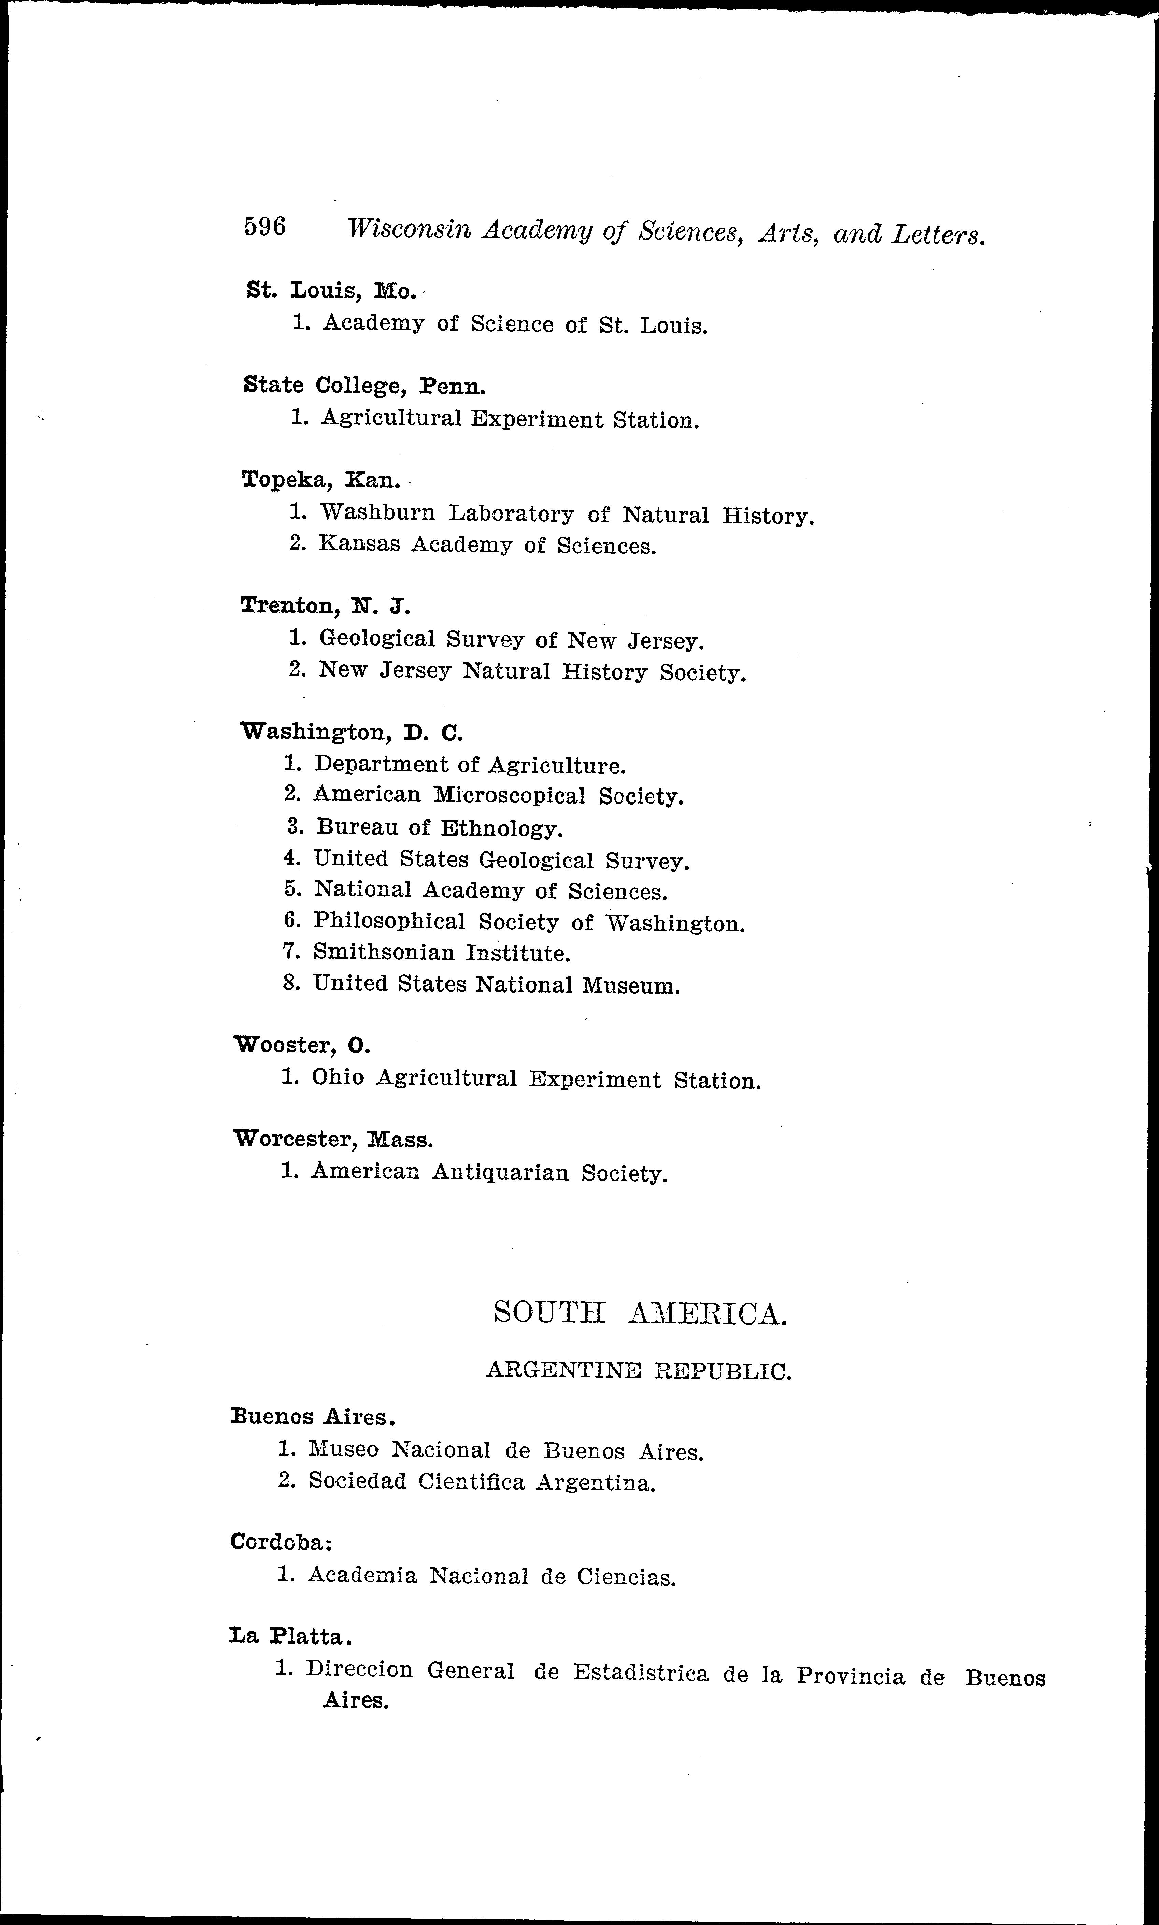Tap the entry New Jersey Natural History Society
click(x=532, y=671)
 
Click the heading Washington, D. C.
click(x=352, y=732)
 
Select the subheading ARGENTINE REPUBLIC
click(x=638, y=1371)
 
